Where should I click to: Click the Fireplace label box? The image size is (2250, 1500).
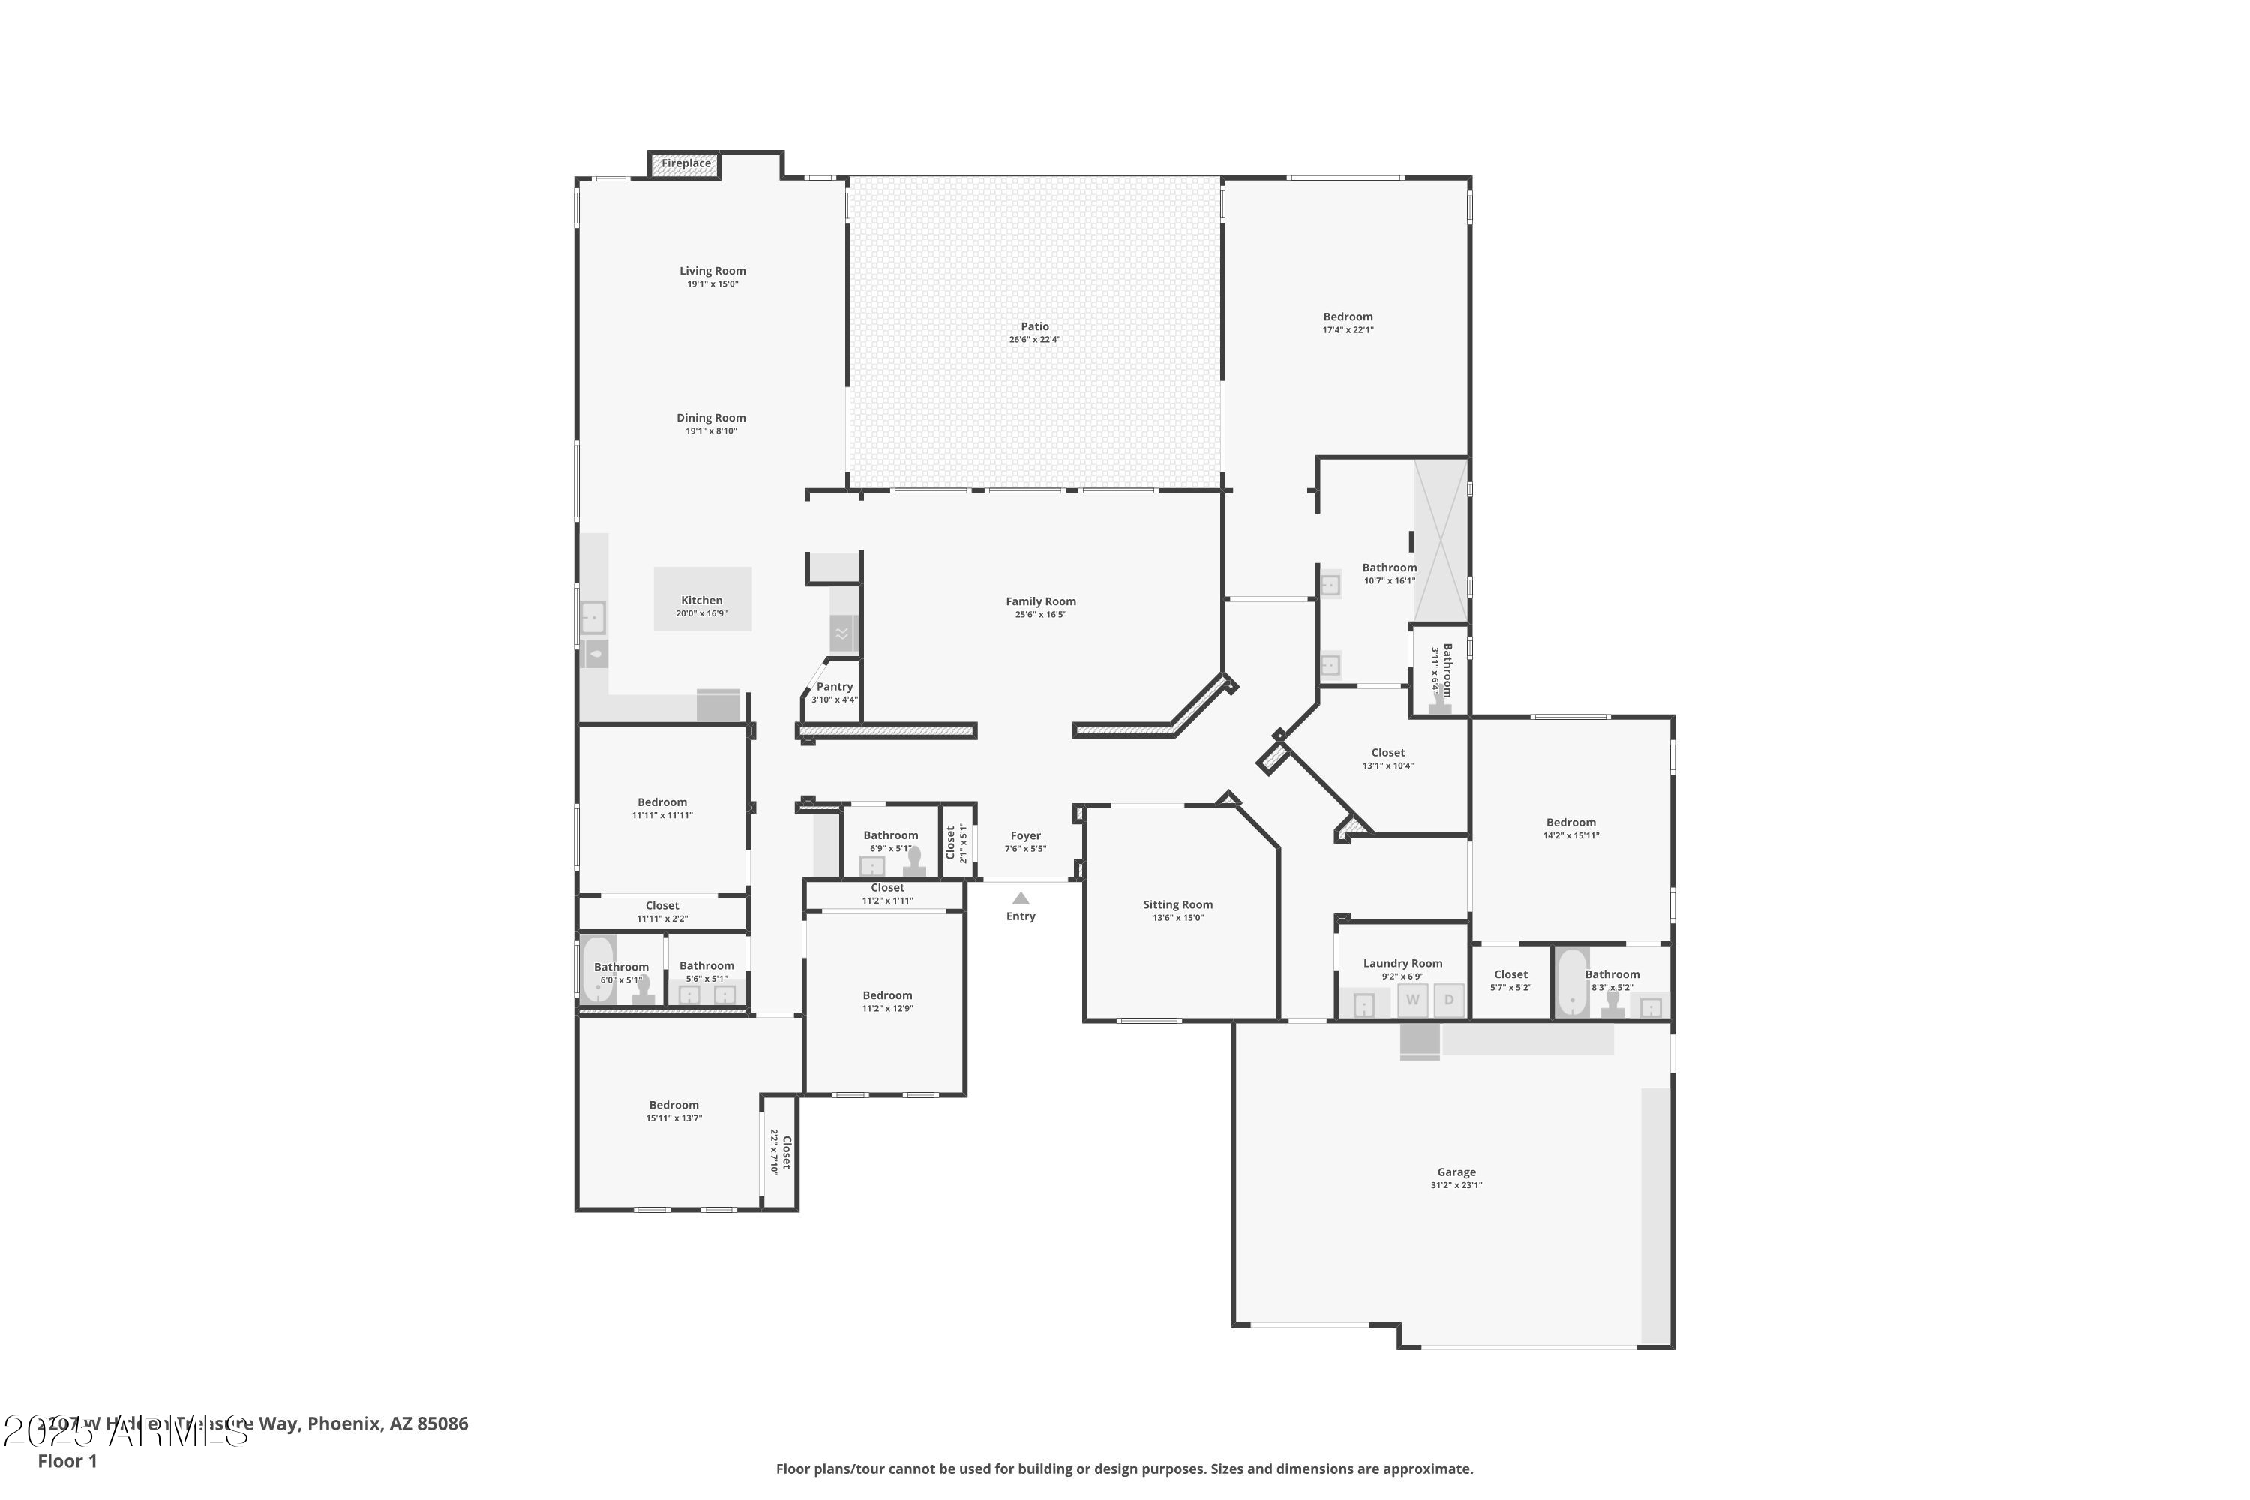pyautogui.click(x=686, y=164)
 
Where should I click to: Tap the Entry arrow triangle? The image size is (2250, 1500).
pyautogui.click(x=1021, y=898)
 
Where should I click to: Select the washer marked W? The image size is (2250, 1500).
pyautogui.click(x=1413, y=1000)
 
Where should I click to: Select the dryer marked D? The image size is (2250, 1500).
pyautogui.click(x=1449, y=1000)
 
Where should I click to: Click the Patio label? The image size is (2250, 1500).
pyautogui.click(x=1034, y=327)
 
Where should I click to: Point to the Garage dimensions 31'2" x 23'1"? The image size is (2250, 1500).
pyautogui.click(x=1456, y=1185)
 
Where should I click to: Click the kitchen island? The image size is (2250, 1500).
pyautogui.click(x=701, y=598)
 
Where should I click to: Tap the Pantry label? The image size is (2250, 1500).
pyautogui.click(x=834, y=687)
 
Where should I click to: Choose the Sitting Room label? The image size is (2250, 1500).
pyautogui.click(x=1177, y=905)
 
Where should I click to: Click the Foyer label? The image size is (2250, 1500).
pyautogui.click(x=1025, y=836)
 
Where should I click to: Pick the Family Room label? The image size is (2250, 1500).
pyautogui.click(x=1041, y=601)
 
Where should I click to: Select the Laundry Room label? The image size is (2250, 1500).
pyautogui.click(x=1402, y=963)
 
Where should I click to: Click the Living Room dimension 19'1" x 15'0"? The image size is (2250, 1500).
pyautogui.click(x=712, y=284)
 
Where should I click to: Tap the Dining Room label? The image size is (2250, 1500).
pyautogui.click(x=711, y=418)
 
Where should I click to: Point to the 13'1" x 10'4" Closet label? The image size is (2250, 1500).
pyautogui.click(x=1388, y=753)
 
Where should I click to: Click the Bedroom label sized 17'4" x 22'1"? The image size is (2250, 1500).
pyautogui.click(x=1348, y=316)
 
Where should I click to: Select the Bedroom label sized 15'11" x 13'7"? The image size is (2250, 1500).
pyautogui.click(x=673, y=1105)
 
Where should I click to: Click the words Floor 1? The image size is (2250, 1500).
pyautogui.click(x=67, y=1461)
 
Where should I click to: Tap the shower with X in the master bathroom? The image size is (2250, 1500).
pyautogui.click(x=1441, y=541)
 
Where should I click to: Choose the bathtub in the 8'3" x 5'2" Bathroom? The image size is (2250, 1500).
pyautogui.click(x=1572, y=982)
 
